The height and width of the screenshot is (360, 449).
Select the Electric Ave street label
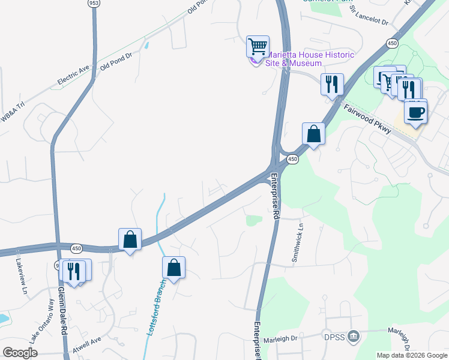(73, 74)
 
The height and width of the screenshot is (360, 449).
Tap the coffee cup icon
(415, 112)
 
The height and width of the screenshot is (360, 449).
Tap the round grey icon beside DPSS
(354, 335)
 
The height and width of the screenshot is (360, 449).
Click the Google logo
(20, 353)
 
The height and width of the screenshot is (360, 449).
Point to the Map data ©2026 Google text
(412, 355)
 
